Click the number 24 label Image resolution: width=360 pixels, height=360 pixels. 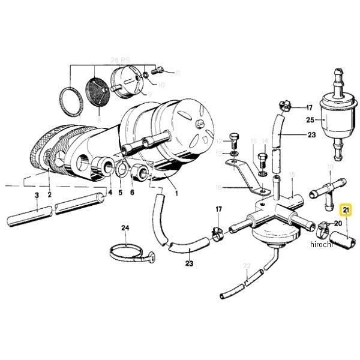[x=125, y=228]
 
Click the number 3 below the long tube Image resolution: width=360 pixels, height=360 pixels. [x=37, y=196]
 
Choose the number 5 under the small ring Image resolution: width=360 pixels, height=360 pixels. [x=120, y=193]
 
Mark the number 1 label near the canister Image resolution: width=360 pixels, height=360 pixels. [x=176, y=193]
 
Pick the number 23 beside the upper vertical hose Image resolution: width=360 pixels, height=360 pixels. [x=311, y=136]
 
